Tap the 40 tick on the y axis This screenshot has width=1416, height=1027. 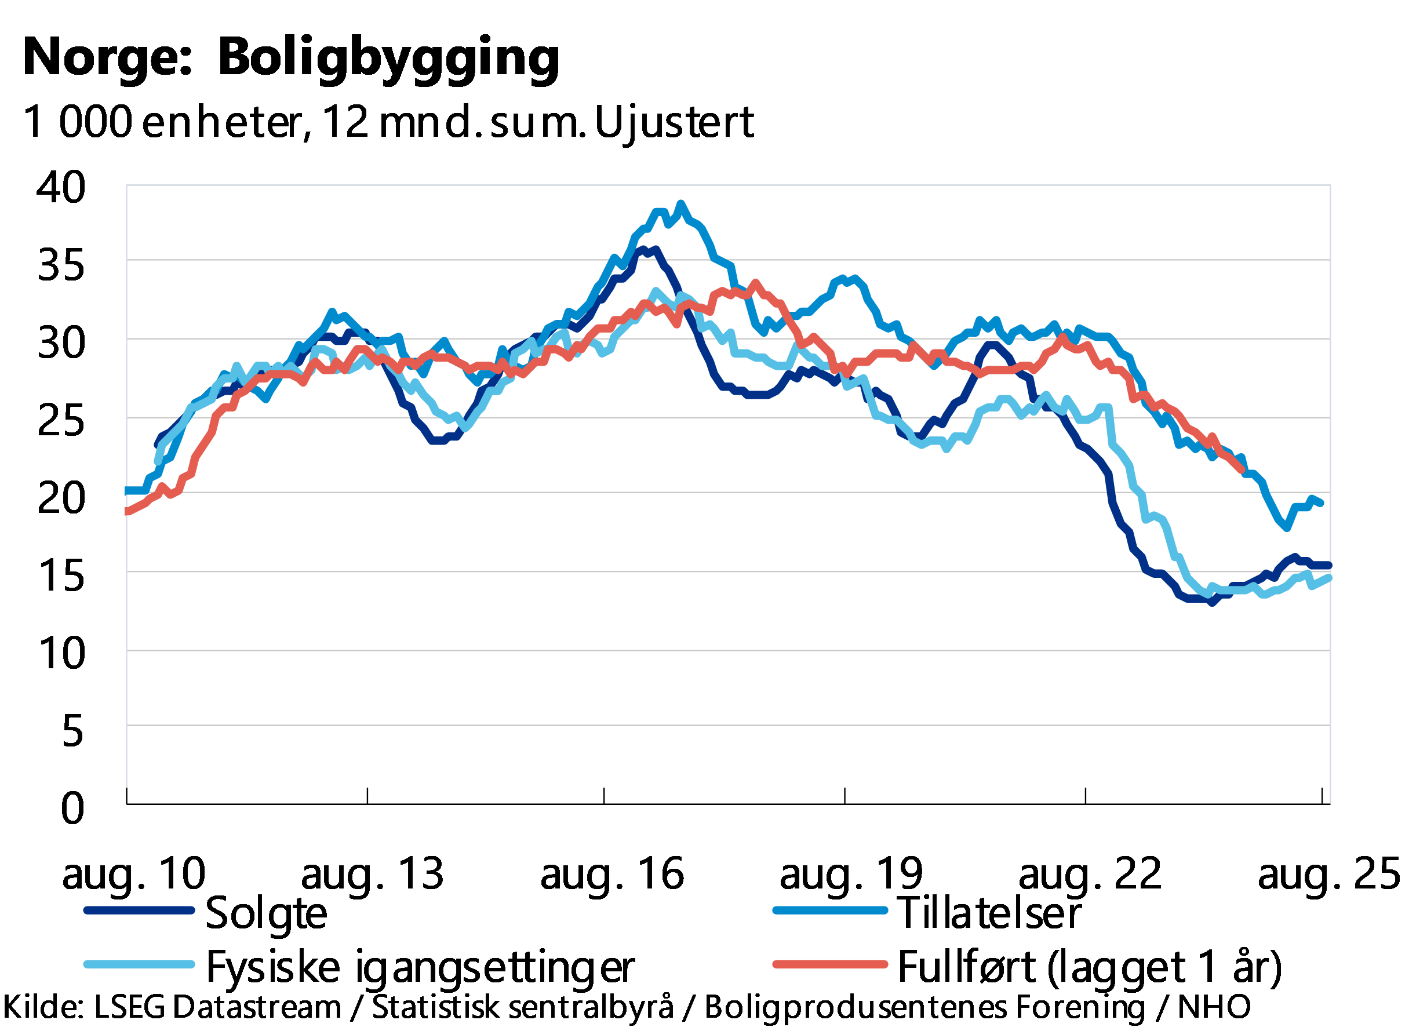click(60, 187)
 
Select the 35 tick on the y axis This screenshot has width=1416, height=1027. click(60, 264)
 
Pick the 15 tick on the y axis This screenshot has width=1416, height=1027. click(62, 575)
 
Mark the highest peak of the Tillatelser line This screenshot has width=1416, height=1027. click(680, 203)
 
